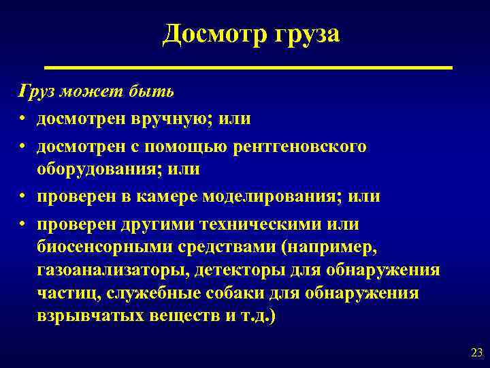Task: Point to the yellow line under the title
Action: pos(248,67)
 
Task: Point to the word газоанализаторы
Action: pos(112,271)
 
